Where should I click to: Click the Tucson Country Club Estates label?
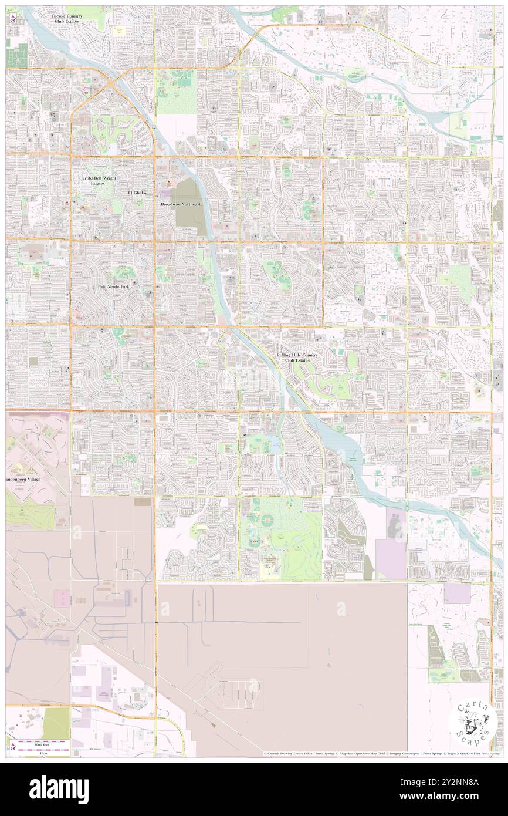click(65, 18)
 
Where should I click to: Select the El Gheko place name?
click(137, 193)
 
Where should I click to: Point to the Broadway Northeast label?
click(181, 204)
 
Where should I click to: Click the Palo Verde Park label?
click(113, 287)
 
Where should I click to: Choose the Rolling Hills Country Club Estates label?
click(297, 358)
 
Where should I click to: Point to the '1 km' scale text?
click(43, 753)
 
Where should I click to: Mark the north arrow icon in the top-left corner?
click(12, 18)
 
